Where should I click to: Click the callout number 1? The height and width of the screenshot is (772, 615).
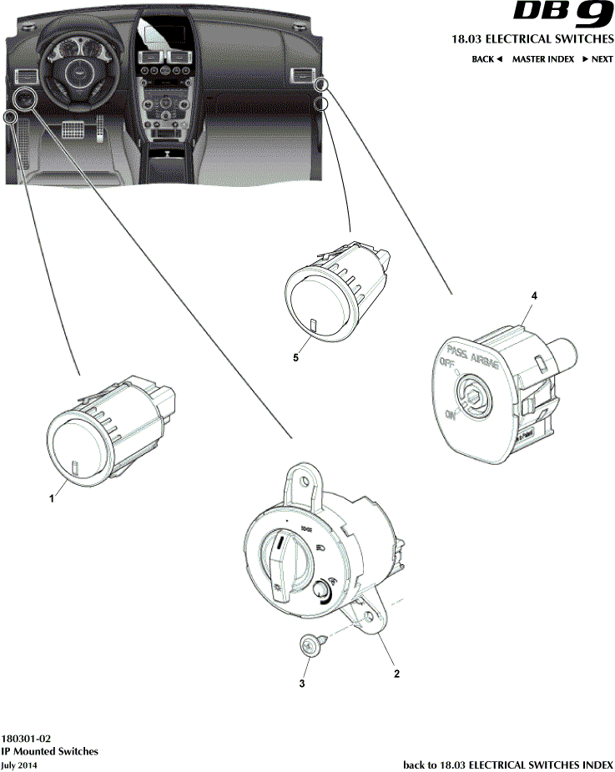click(x=52, y=497)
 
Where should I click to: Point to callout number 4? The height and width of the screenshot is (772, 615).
click(x=534, y=296)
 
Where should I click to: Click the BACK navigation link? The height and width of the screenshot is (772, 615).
click(x=486, y=59)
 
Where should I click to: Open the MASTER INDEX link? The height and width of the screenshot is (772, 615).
click(x=542, y=59)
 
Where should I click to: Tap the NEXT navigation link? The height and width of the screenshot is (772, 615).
click(x=597, y=59)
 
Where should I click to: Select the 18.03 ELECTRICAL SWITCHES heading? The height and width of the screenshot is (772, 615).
click(x=532, y=39)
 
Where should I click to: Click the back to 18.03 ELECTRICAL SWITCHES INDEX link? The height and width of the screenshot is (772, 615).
click(x=508, y=764)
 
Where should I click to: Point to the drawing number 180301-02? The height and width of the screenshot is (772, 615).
click(x=26, y=739)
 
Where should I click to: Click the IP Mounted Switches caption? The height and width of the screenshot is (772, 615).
click(x=49, y=751)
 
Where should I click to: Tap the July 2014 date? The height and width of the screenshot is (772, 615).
click(x=19, y=764)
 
